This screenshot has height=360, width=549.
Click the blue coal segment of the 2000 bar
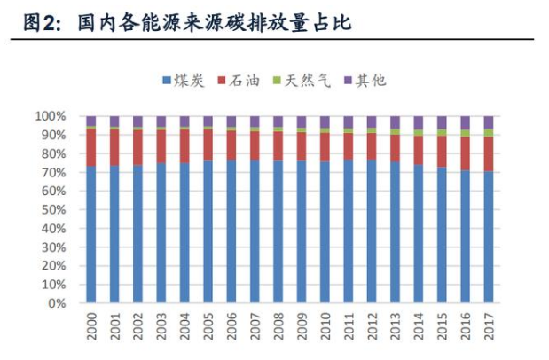coord(91,235)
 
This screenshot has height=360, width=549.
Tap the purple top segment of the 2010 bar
coord(325,121)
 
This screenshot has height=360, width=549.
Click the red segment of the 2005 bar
coord(208,145)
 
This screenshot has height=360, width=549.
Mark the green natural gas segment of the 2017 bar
coord(489,133)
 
